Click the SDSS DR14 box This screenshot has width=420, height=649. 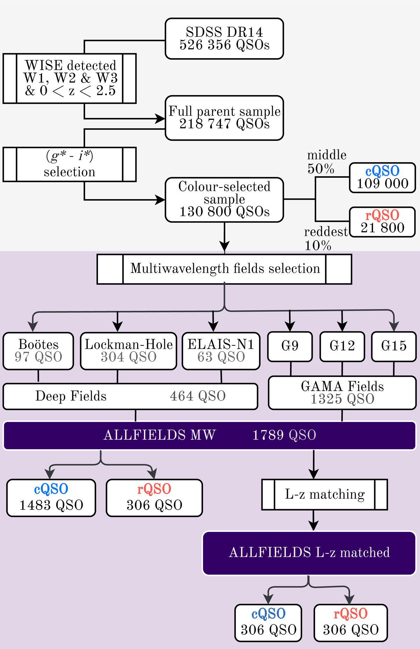[224, 39]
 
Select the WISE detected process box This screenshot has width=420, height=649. [69, 78]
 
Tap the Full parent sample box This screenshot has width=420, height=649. [224, 118]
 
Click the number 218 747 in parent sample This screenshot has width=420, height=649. [205, 124]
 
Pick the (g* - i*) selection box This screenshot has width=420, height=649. [69, 164]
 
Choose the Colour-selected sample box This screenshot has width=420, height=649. [224, 200]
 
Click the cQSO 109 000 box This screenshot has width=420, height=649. [382, 178]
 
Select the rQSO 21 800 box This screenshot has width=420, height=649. [382, 222]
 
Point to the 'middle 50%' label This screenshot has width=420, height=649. [326, 162]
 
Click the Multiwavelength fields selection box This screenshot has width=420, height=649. [224, 269]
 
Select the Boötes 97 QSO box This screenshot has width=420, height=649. [38, 351]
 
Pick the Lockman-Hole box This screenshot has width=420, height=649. [128, 351]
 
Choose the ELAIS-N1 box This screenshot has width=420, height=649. [221, 351]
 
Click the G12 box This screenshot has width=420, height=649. [342, 346]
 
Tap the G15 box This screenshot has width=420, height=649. [394, 346]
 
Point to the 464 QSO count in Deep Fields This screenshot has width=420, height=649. [198, 396]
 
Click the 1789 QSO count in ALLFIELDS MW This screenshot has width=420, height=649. [284, 435]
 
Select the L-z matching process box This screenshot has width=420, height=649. [324, 494]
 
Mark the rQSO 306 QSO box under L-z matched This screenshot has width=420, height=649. [351, 623]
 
